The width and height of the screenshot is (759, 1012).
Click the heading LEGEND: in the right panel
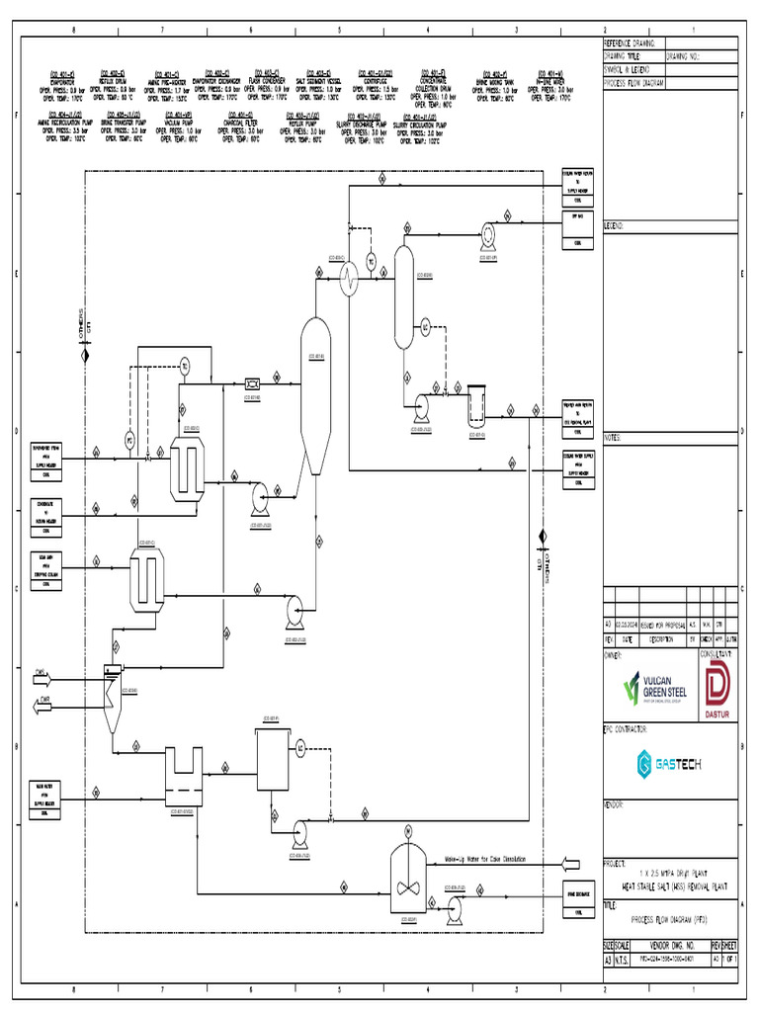point(614,225)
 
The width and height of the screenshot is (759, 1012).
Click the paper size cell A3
point(608,959)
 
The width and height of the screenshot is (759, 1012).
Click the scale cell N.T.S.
point(623,959)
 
